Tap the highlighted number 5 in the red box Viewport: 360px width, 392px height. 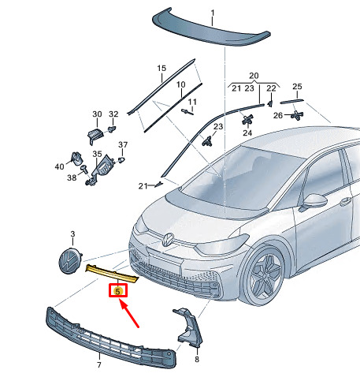(x=118, y=291)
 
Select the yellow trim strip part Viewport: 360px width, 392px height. (x=112, y=274)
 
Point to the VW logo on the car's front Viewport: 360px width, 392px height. (x=168, y=240)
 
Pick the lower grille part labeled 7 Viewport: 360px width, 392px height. (x=111, y=338)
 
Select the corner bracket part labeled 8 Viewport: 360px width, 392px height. (x=189, y=327)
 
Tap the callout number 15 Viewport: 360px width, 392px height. (x=161, y=69)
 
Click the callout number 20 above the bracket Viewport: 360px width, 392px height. (x=254, y=76)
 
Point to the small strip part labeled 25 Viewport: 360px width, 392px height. (x=291, y=101)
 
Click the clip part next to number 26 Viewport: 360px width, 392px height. (x=297, y=115)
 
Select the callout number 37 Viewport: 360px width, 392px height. (x=123, y=145)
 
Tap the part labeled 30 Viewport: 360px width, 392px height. (x=95, y=136)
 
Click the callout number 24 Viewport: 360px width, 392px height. (x=247, y=133)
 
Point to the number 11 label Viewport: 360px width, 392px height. (x=192, y=102)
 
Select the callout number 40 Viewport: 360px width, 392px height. (x=59, y=166)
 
